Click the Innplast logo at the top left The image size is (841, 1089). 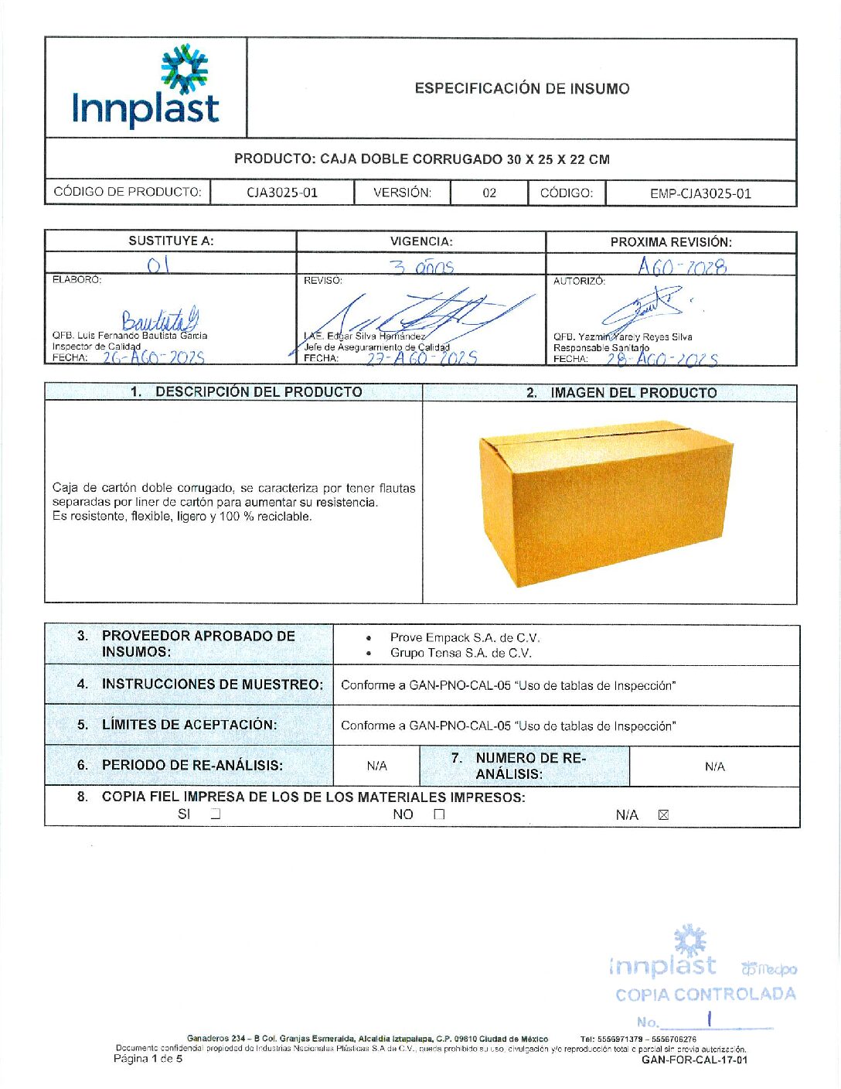pyautogui.click(x=146, y=87)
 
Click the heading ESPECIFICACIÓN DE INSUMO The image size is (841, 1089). pyautogui.click(x=522, y=88)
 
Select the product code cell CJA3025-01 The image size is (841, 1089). pyautogui.click(x=282, y=193)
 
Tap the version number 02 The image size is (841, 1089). pyautogui.click(x=489, y=193)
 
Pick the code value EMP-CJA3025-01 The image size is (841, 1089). pyautogui.click(x=700, y=193)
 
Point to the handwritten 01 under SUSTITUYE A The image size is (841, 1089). pyautogui.click(x=158, y=265)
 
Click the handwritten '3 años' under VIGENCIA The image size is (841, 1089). pyautogui.click(x=421, y=267)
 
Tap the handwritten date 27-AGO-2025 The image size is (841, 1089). pyautogui.click(x=421, y=358)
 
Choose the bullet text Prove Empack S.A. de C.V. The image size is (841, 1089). pyautogui.click(x=465, y=638)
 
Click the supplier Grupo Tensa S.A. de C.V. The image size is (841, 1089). pyautogui.click(x=461, y=654)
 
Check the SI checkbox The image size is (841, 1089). pyautogui.click(x=216, y=814)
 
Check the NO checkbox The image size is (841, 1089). pyautogui.click(x=439, y=814)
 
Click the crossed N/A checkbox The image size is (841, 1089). pyautogui.click(x=662, y=814)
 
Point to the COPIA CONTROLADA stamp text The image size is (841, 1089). pyautogui.click(x=705, y=995)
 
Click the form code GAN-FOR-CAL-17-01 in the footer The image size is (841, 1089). pyautogui.click(x=694, y=1060)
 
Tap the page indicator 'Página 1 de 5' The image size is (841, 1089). pyautogui.click(x=148, y=1058)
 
